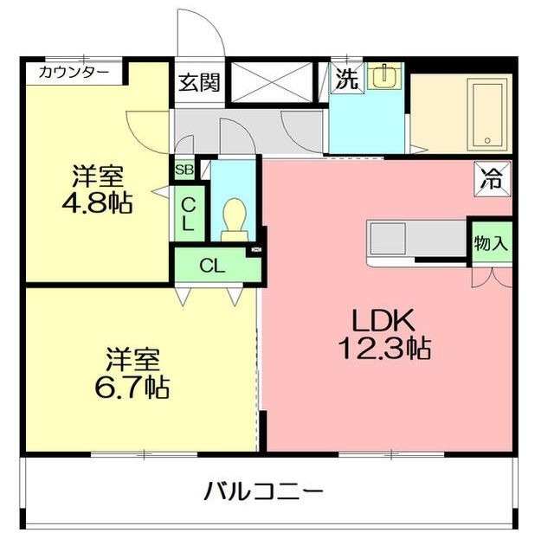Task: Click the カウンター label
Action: (x=73, y=73)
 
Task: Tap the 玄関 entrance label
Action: (x=199, y=83)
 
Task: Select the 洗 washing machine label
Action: (x=346, y=80)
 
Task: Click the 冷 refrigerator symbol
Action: (x=492, y=179)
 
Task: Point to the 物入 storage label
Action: (x=490, y=243)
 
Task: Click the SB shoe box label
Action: (x=184, y=170)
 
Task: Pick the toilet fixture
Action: (x=235, y=219)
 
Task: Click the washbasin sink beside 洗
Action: (x=383, y=77)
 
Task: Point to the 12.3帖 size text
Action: (x=385, y=349)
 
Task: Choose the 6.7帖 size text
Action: (x=132, y=387)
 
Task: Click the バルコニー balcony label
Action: (x=264, y=492)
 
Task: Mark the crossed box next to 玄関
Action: (x=271, y=84)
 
